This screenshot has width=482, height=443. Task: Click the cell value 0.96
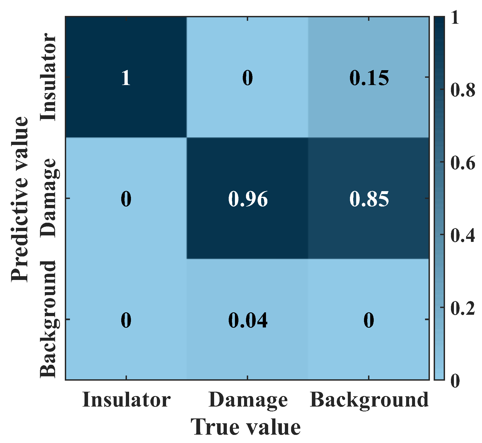point(248,199)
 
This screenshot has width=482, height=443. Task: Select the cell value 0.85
point(369,199)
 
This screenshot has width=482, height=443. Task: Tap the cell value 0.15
point(369,78)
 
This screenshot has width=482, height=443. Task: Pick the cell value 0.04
point(248,321)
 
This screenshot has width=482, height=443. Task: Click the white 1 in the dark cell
point(126,78)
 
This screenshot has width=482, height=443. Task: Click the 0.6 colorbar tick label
point(463,163)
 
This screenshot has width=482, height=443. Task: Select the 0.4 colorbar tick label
point(463,235)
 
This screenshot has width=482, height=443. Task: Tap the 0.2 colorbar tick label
point(463,308)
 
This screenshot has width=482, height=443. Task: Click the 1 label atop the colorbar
point(455,18)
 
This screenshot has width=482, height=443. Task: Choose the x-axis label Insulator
point(126,400)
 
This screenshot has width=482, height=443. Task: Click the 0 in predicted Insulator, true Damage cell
point(248,78)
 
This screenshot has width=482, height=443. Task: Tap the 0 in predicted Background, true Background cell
point(369,321)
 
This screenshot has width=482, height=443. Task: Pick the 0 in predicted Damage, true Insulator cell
point(126,199)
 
